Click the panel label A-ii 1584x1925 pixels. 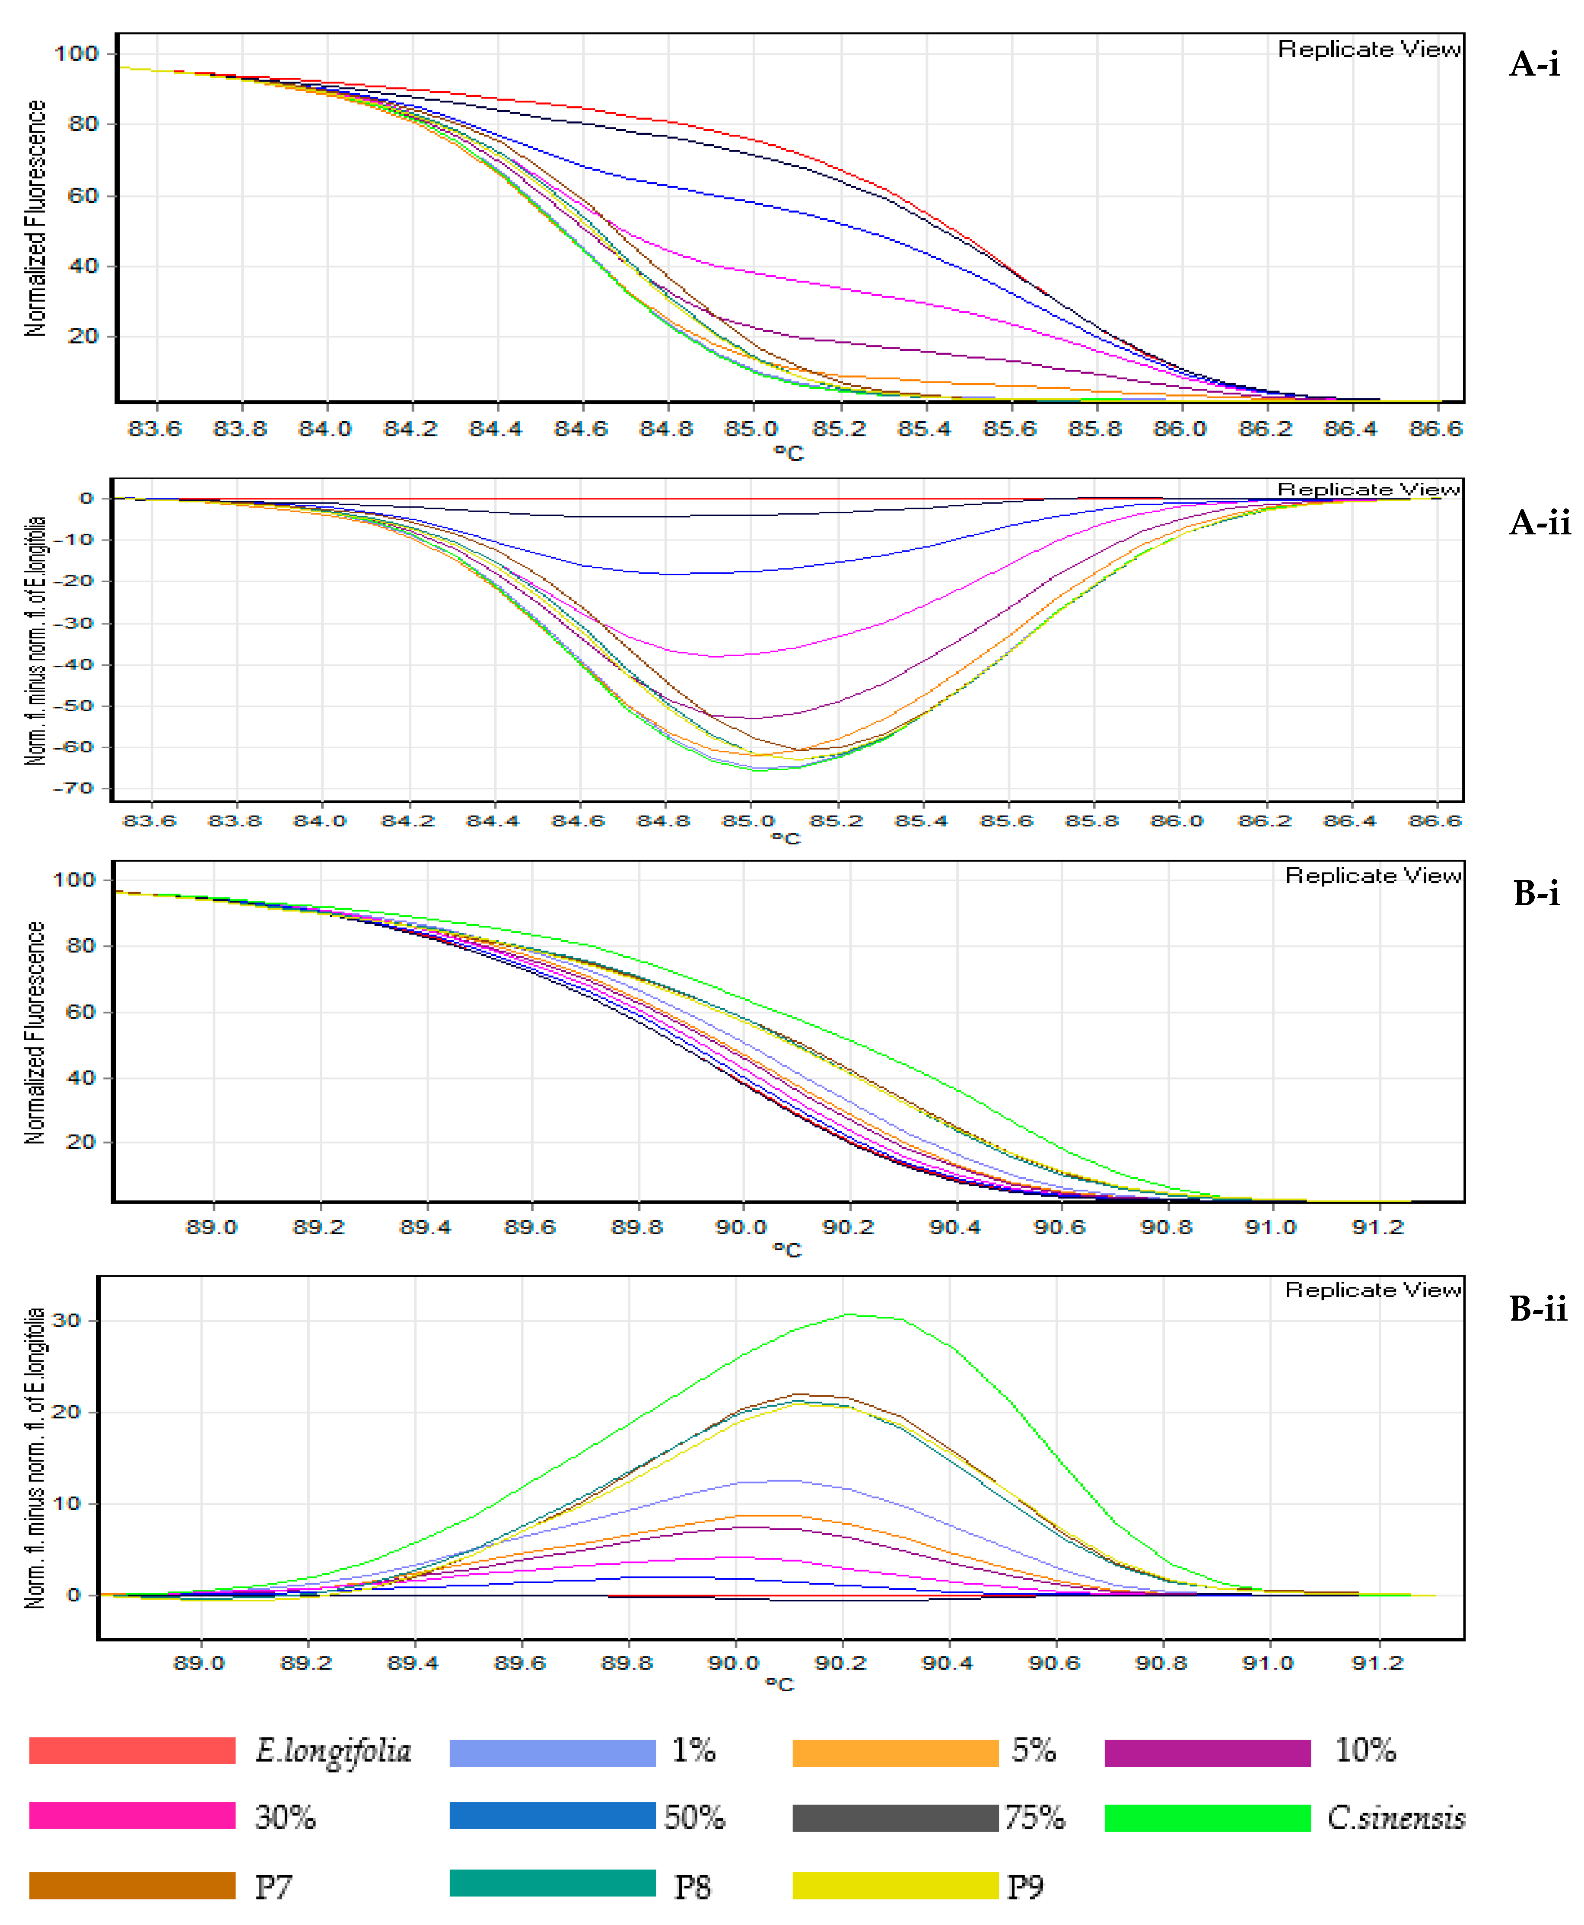(x=1539, y=523)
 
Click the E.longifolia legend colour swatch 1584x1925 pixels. (x=132, y=1751)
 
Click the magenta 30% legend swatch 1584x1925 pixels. (x=132, y=1816)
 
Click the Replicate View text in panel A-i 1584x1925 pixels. (x=1369, y=49)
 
